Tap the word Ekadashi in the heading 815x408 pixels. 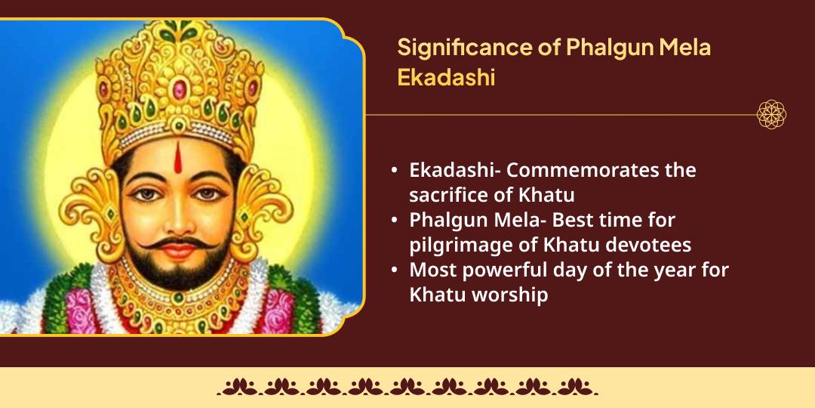click(x=446, y=78)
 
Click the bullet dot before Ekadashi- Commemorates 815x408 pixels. click(x=395, y=171)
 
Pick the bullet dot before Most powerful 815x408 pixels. click(x=395, y=270)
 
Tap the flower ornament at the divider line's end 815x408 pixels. click(x=771, y=115)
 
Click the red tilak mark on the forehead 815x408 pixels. click(x=179, y=159)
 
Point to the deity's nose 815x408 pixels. click(x=180, y=220)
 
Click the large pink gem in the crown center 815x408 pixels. click(x=179, y=89)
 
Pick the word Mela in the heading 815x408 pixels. click(x=684, y=47)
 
